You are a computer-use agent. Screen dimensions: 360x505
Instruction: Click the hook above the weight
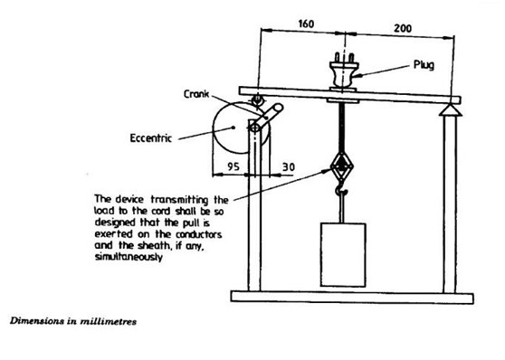pyautogui.click(x=341, y=194)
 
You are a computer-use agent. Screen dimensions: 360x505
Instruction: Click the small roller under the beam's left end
pyautogui.click(x=256, y=99)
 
